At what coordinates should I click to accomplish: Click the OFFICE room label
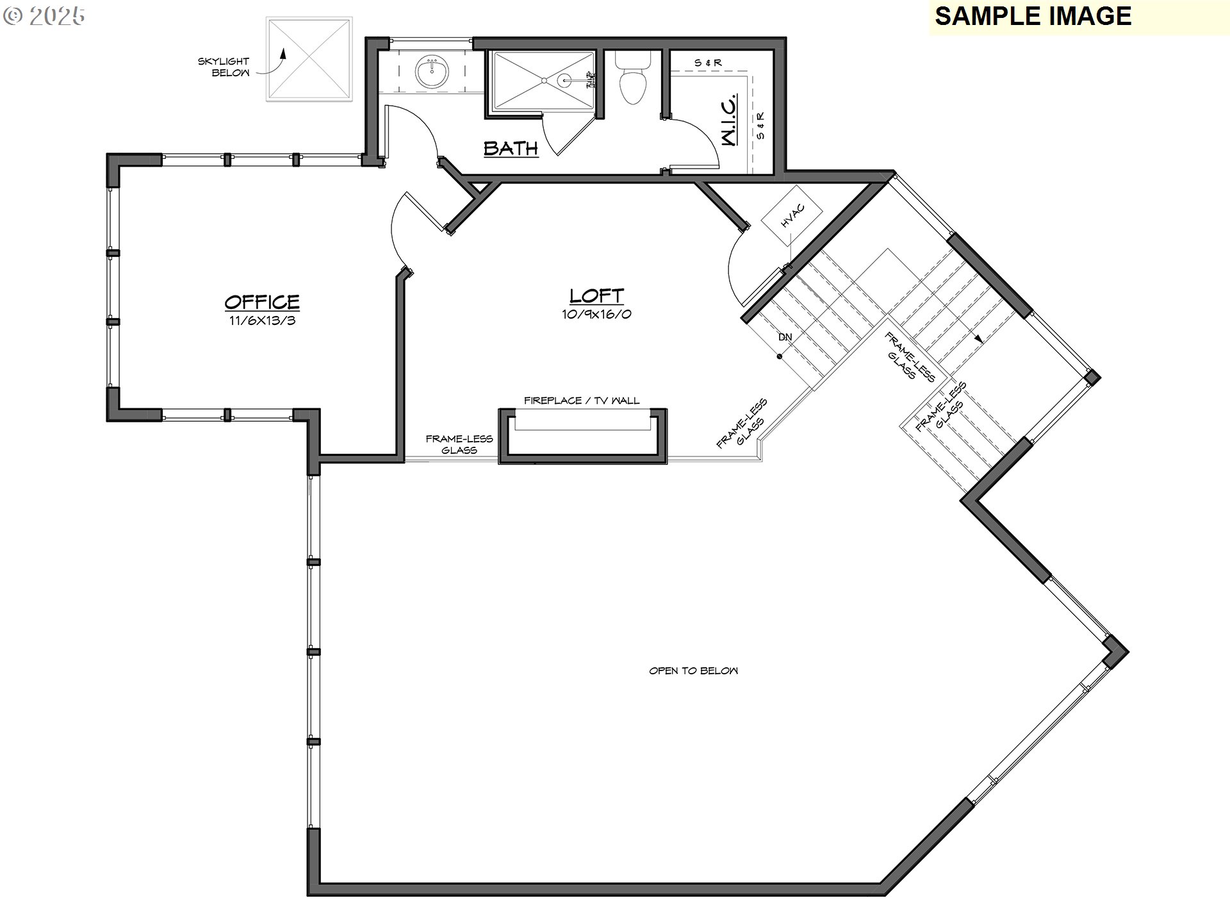click(x=262, y=301)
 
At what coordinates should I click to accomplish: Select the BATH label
click(x=511, y=148)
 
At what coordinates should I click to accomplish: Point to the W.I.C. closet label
click(x=730, y=121)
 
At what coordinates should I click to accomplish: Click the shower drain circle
click(x=564, y=80)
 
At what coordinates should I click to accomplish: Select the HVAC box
click(x=792, y=215)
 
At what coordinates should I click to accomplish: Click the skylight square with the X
click(x=309, y=59)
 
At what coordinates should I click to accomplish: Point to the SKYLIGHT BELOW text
click(x=224, y=67)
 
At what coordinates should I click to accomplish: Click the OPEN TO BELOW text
click(x=693, y=670)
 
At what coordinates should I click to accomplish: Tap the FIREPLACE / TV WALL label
click(x=582, y=401)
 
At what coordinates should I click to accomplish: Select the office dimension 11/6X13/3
click(x=263, y=320)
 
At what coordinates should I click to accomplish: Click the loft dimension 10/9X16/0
click(x=597, y=314)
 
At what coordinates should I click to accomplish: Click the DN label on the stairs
click(x=785, y=337)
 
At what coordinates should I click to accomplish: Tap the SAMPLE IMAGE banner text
click(x=1033, y=16)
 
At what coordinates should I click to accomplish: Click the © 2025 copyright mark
click(x=44, y=17)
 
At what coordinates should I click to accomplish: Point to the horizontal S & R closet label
click(x=708, y=63)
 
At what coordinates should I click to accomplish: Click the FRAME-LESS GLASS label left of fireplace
click(x=459, y=444)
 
